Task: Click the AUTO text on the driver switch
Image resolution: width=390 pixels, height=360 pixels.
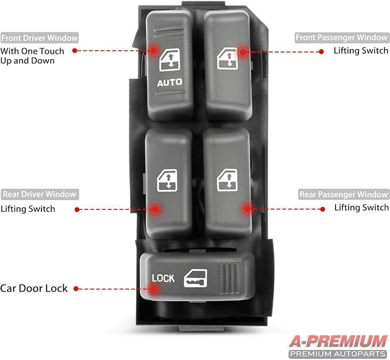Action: (x=169, y=82)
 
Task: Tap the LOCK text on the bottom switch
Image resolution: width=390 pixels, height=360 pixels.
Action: (x=163, y=278)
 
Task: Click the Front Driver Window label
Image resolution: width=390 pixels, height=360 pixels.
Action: (x=39, y=38)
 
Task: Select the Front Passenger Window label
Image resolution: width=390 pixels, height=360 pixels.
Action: (x=341, y=37)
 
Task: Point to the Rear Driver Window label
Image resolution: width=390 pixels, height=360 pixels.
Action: (x=39, y=194)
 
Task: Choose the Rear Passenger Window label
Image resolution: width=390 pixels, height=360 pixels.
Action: (x=343, y=194)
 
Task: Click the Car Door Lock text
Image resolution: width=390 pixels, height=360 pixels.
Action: (x=34, y=288)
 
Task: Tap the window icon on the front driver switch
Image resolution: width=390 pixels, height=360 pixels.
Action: (x=169, y=60)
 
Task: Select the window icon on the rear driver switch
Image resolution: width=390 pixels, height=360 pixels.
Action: (x=168, y=179)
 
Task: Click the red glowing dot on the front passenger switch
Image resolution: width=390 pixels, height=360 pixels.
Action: (x=242, y=52)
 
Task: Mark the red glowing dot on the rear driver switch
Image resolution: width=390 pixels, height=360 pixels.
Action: (x=153, y=209)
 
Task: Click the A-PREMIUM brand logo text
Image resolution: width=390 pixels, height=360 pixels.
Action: (x=338, y=340)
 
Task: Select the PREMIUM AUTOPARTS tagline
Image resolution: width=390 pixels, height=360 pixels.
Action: (x=338, y=353)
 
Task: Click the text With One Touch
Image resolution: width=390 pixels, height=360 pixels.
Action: (x=32, y=51)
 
